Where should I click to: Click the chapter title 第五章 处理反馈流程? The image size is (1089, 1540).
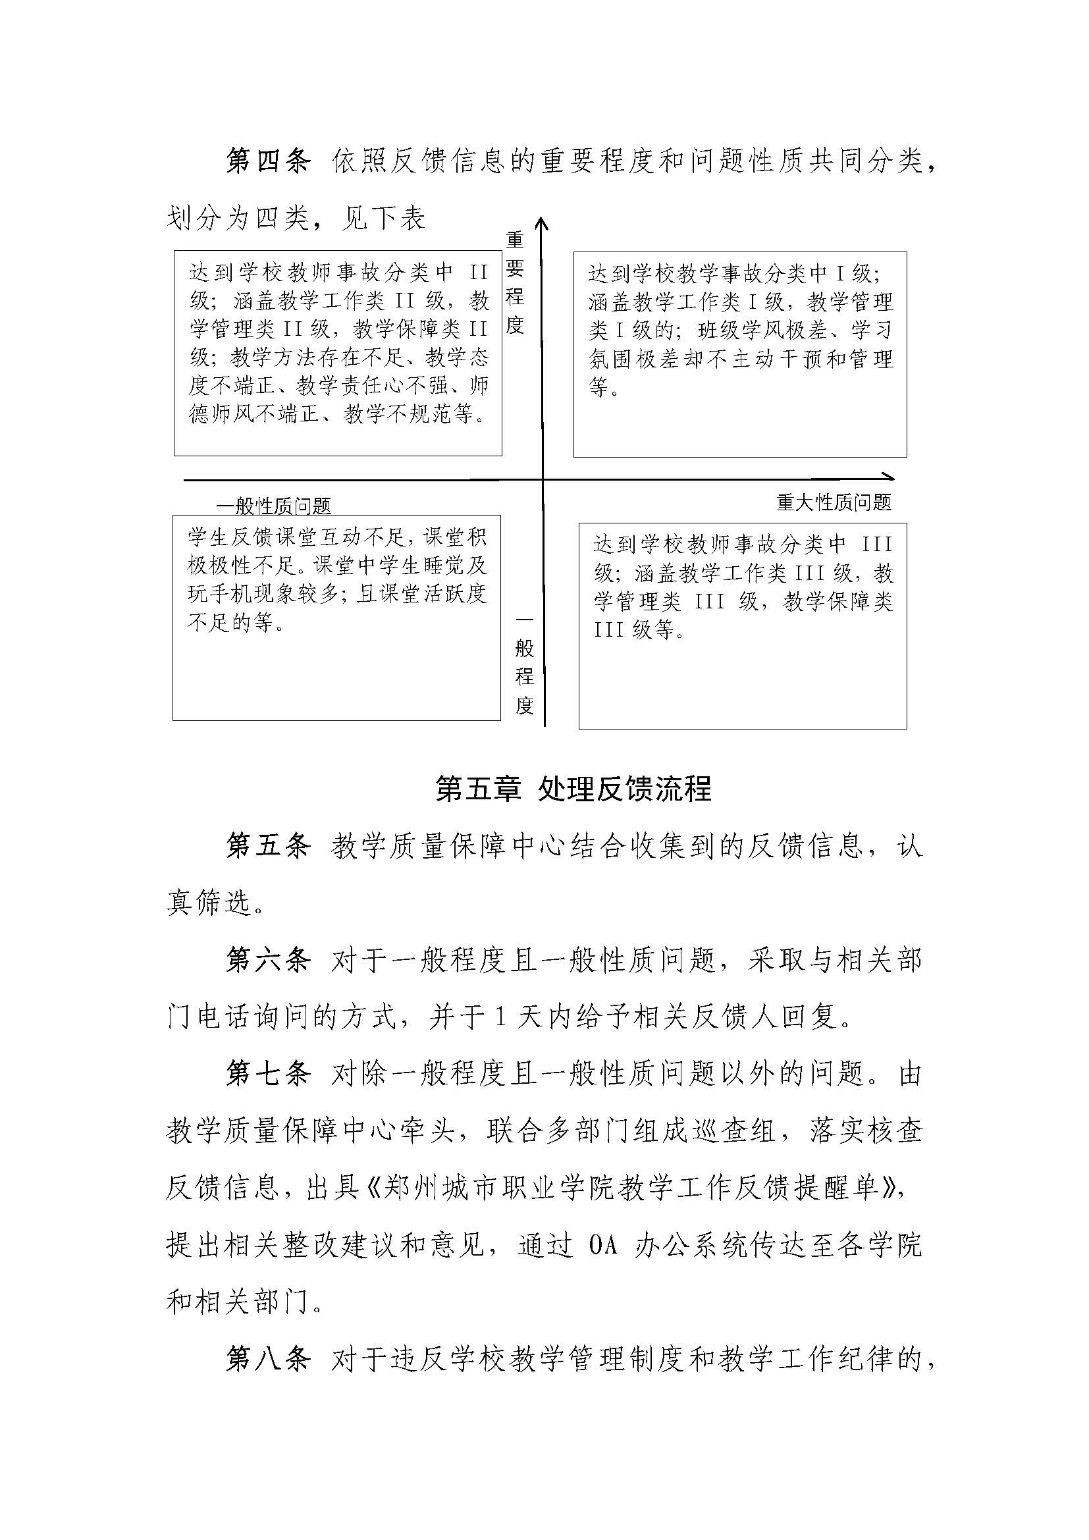(573, 789)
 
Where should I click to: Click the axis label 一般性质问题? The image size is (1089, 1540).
(274, 506)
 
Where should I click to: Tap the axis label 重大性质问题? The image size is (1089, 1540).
(834, 502)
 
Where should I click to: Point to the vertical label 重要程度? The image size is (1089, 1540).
(515, 282)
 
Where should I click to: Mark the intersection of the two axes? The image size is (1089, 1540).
(543, 479)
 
